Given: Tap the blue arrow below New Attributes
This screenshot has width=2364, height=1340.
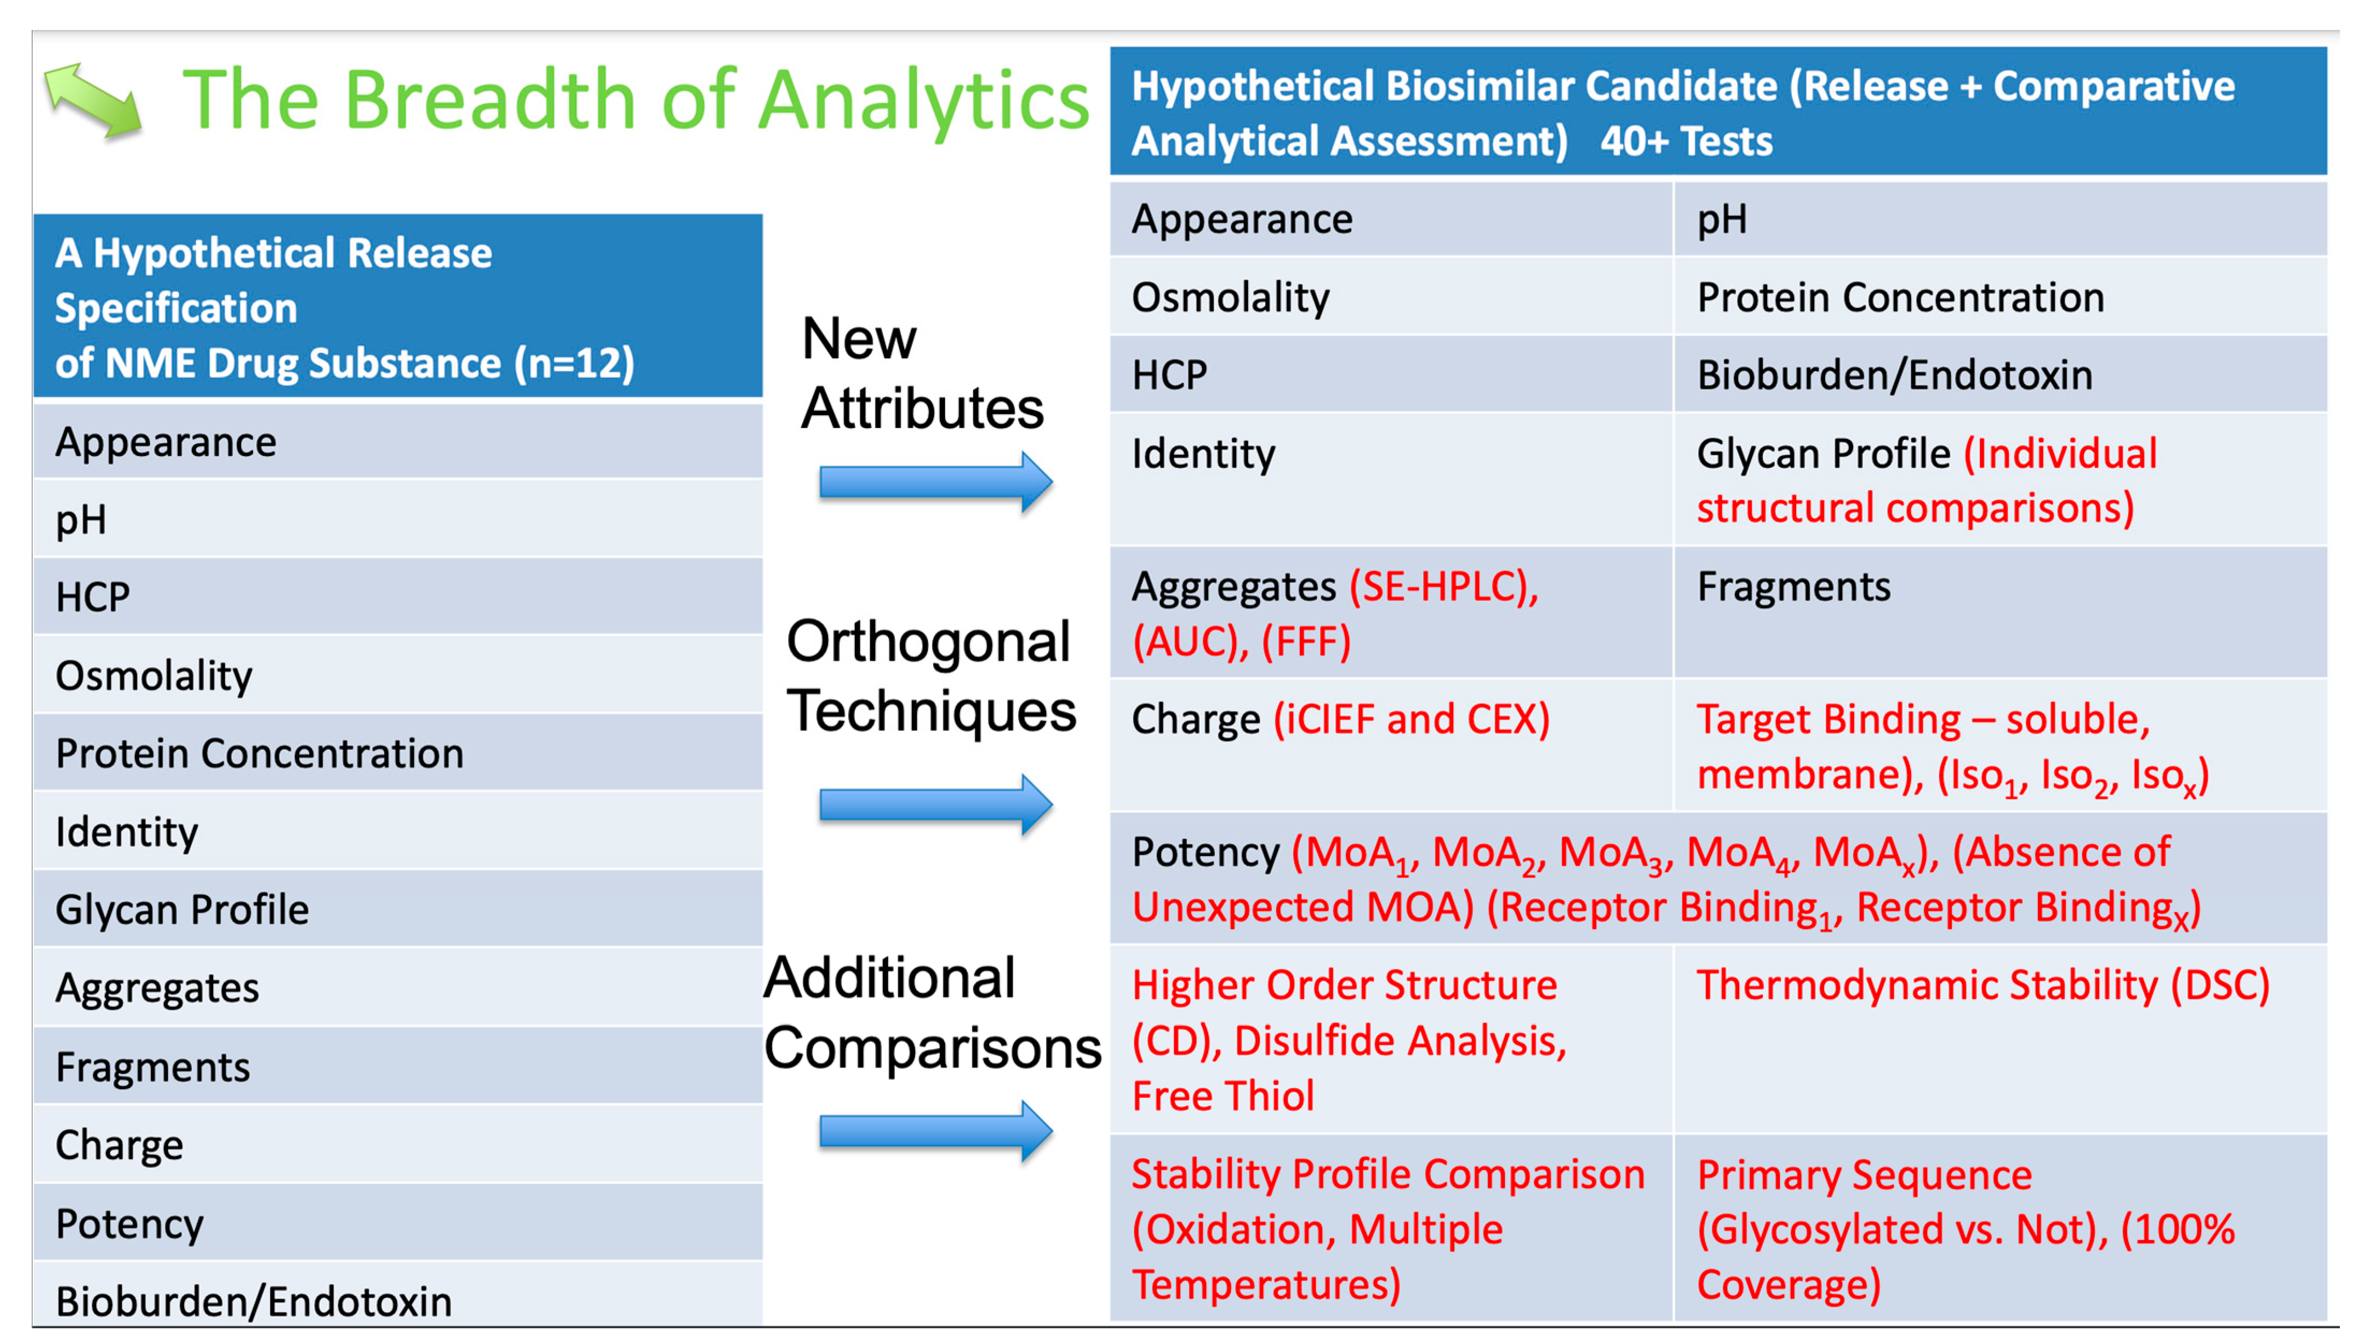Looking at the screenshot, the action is pos(935,481).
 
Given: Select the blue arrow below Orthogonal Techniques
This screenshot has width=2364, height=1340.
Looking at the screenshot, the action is pos(935,805).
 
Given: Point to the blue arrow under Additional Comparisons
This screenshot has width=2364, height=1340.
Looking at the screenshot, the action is pos(935,1130).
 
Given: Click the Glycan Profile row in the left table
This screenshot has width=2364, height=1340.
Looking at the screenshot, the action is pos(398,909).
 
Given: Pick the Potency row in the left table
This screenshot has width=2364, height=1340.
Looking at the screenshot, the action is pos(398,1223).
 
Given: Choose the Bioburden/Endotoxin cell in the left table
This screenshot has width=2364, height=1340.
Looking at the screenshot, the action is pos(398,1296).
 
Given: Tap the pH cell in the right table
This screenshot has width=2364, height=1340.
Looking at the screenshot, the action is pos(1999,219).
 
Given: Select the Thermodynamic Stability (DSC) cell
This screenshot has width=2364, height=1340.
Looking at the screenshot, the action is pos(1999,1039).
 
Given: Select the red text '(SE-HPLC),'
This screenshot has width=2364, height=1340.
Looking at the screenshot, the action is pos(1444,587).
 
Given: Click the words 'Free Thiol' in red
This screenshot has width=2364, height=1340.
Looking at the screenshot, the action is pos(1222,1096).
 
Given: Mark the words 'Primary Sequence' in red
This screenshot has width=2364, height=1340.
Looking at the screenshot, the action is pos(1864,1175).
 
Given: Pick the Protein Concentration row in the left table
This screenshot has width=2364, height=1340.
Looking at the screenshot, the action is pos(398,753).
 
